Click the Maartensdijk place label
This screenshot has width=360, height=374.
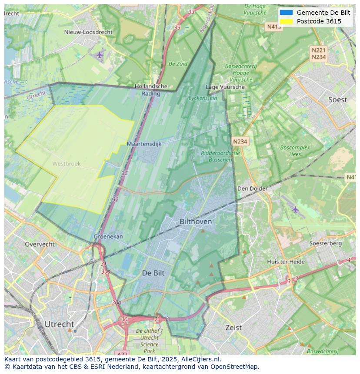click(x=144, y=143)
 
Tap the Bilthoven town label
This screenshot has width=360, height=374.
click(x=196, y=222)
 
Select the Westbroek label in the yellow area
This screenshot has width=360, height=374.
click(x=67, y=164)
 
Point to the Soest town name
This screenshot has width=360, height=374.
click(x=337, y=100)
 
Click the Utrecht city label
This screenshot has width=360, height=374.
click(x=59, y=324)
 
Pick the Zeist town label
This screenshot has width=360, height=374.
click(x=233, y=328)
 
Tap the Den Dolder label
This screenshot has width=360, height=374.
click(x=252, y=189)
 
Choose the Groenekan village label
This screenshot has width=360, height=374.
click(x=108, y=237)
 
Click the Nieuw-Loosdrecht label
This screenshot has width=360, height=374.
click(x=88, y=32)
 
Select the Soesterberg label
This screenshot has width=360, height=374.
click(x=325, y=243)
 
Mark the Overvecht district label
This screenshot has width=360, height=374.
click(x=40, y=244)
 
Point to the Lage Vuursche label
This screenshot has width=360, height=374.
click(x=225, y=87)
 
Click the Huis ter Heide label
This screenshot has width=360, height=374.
click(x=286, y=261)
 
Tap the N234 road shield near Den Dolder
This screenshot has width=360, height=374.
click(x=240, y=142)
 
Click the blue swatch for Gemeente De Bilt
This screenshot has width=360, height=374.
click(x=286, y=13)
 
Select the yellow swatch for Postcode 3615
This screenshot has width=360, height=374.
click(x=286, y=21)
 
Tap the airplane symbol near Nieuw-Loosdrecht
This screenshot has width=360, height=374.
click(x=100, y=55)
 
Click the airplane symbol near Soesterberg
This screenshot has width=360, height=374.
click(x=296, y=209)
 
